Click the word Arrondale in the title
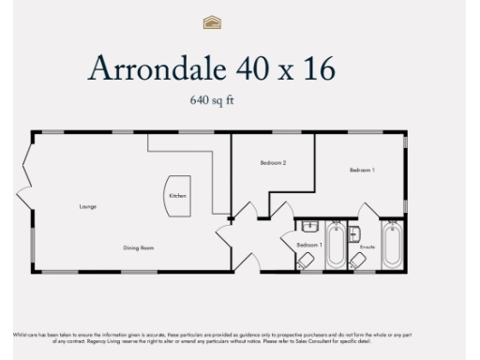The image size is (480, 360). [x=149, y=69]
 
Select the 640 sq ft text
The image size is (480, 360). [x=212, y=97]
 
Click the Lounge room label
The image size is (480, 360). [x=88, y=206]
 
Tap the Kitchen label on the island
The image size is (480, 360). [x=177, y=195]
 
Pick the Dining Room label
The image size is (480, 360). [x=139, y=248]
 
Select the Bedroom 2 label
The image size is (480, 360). [x=272, y=163]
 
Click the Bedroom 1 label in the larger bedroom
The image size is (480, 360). [x=362, y=170]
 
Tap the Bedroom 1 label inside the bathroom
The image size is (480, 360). [x=308, y=245]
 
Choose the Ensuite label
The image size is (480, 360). [x=367, y=246]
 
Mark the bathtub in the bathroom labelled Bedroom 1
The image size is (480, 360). [x=335, y=245]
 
